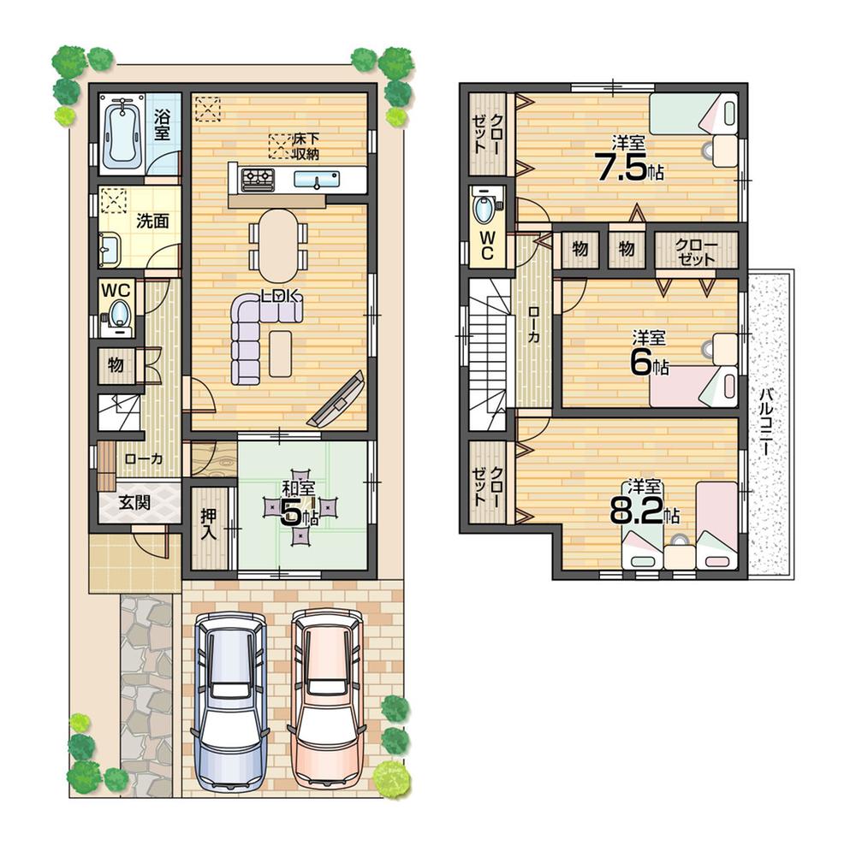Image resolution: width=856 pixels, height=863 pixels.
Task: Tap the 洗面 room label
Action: coord(152,221)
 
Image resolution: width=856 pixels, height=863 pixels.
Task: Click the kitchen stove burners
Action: coord(258,179)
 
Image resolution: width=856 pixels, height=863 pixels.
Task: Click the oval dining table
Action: coord(278,245)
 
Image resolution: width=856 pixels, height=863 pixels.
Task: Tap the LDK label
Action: coord(280,296)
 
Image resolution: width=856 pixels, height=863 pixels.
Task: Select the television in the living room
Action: coord(339,400)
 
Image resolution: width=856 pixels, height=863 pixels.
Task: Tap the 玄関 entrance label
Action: coord(134,502)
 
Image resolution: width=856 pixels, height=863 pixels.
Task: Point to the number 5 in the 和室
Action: coord(291,511)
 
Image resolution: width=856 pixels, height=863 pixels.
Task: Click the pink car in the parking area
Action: coord(327,697)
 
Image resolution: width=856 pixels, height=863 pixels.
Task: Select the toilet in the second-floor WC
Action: coord(485,210)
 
